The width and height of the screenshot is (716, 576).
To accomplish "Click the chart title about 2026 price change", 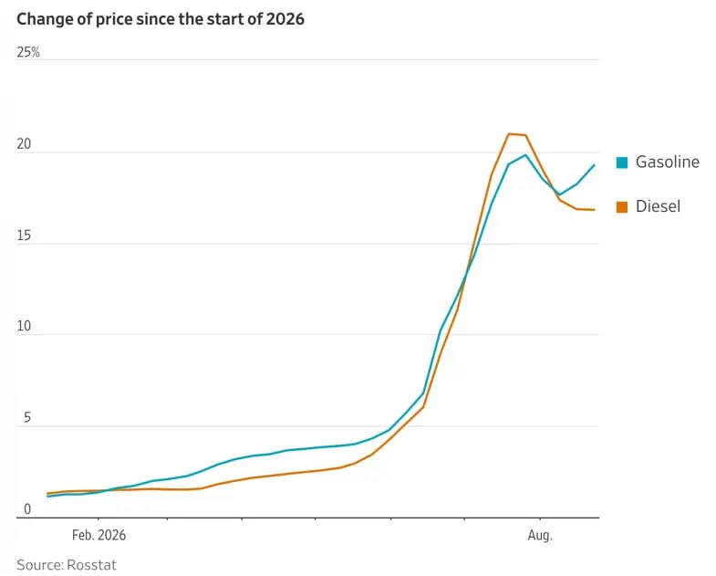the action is [x=161, y=19].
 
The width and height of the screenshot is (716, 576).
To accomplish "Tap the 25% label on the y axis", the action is [x=28, y=52].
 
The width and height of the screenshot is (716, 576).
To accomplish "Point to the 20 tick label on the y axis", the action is [x=24, y=144].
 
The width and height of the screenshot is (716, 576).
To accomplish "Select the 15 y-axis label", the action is [x=24, y=236].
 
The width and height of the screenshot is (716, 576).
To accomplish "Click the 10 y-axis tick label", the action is [x=24, y=326].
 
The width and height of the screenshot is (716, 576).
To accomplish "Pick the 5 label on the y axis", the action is [x=27, y=417].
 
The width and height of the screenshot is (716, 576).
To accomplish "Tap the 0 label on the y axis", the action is [x=27, y=508].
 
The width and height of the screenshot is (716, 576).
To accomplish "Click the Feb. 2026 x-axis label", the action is [x=99, y=535].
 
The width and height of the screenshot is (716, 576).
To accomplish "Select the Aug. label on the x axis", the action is [x=540, y=535].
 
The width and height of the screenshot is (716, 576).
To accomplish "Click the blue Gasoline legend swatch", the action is [x=622, y=162].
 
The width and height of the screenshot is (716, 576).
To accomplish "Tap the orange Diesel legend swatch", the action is [x=622, y=206].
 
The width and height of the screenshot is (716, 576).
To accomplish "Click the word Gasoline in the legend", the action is [x=668, y=162].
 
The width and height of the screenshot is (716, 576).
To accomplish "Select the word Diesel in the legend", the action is [x=658, y=206].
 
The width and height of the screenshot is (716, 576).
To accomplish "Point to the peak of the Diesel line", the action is [x=510, y=133].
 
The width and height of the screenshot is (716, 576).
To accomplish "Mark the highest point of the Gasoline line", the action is [x=526, y=155].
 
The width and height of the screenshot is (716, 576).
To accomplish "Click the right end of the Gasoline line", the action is [x=595, y=164].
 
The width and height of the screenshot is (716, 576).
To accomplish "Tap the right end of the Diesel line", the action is [x=595, y=210].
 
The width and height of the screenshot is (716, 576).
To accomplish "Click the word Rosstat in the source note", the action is [x=91, y=565].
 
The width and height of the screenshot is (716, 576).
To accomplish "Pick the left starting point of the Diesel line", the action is [x=47, y=493].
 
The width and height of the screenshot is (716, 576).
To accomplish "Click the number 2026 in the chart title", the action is [x=285, y=19].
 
